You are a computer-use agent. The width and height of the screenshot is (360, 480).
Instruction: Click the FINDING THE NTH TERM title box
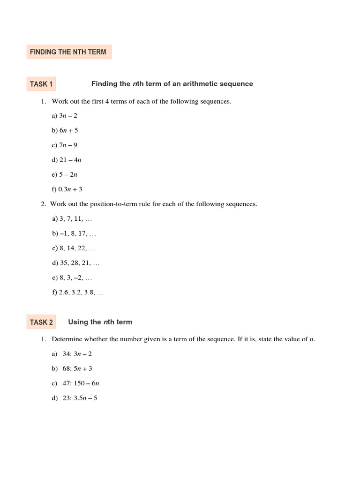68,52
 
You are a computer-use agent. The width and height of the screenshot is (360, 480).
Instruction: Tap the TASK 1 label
41,84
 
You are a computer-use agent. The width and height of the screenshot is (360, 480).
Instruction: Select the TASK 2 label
41,322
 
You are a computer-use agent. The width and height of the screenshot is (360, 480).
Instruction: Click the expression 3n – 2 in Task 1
68,116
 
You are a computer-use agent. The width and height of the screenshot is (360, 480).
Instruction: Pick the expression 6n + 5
68,130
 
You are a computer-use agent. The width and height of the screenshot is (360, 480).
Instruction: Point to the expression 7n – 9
68,145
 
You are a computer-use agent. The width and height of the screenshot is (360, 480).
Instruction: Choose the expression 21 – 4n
70,160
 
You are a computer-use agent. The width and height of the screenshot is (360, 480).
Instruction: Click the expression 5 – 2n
68,175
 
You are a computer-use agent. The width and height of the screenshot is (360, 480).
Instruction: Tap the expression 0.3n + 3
70,189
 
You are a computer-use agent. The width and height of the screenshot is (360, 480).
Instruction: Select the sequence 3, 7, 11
75,219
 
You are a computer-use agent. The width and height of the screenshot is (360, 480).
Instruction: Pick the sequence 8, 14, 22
77,248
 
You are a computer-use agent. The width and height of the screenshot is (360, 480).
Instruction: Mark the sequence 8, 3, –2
75,278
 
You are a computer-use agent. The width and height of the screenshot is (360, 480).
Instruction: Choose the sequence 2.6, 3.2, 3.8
81,292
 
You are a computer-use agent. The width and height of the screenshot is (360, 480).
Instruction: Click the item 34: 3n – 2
77,354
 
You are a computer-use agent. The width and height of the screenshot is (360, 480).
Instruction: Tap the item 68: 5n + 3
77,369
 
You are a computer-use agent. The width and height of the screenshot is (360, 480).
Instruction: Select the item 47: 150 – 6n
81,383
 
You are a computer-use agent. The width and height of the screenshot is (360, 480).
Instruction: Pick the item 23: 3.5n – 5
80,398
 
